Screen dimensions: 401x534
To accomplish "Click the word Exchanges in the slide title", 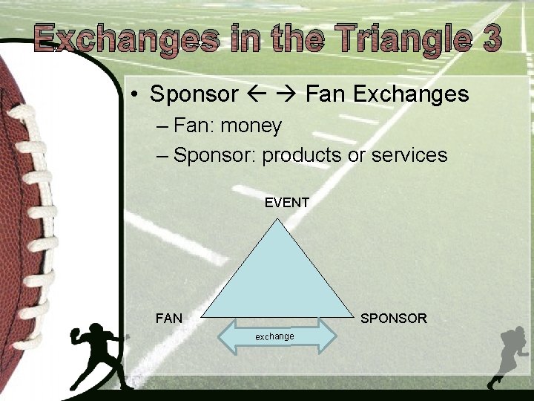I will point(126,39).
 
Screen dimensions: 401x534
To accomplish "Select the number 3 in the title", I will point(490,38).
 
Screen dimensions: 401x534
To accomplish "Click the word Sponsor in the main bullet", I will point(194,94).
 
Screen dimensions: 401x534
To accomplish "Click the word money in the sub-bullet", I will point(251,126).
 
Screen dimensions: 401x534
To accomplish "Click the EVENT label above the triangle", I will point(287,202).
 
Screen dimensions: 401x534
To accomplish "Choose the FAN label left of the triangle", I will point(169,319).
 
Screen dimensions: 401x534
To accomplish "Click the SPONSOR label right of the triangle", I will point(393,319).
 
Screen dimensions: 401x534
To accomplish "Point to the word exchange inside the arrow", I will point(274,336).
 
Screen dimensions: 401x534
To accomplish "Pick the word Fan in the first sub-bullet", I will point(193,126).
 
